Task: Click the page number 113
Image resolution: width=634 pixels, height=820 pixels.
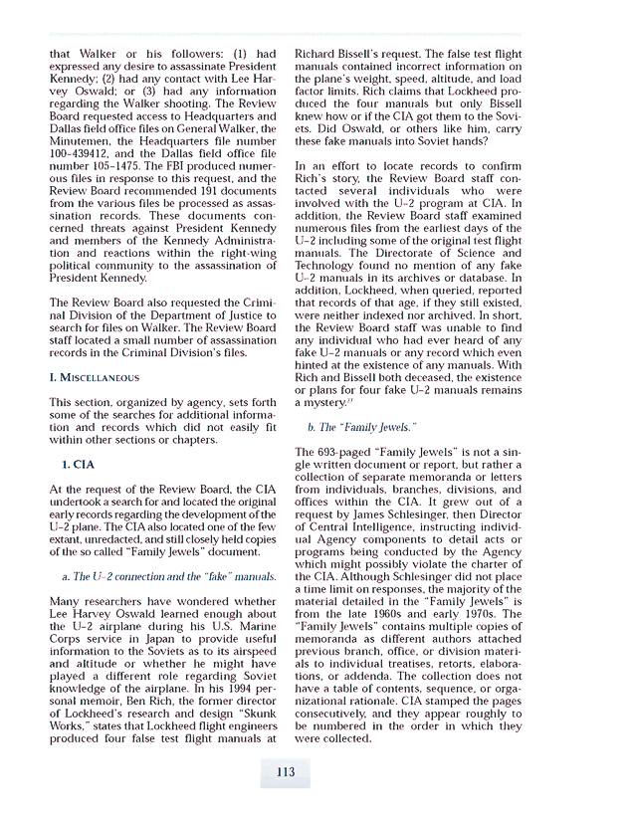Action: [x=286, y=771]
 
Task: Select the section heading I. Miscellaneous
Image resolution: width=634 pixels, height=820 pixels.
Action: [x=95, y=377]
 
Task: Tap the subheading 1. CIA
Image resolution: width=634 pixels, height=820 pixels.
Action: [x=78, y=464]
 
